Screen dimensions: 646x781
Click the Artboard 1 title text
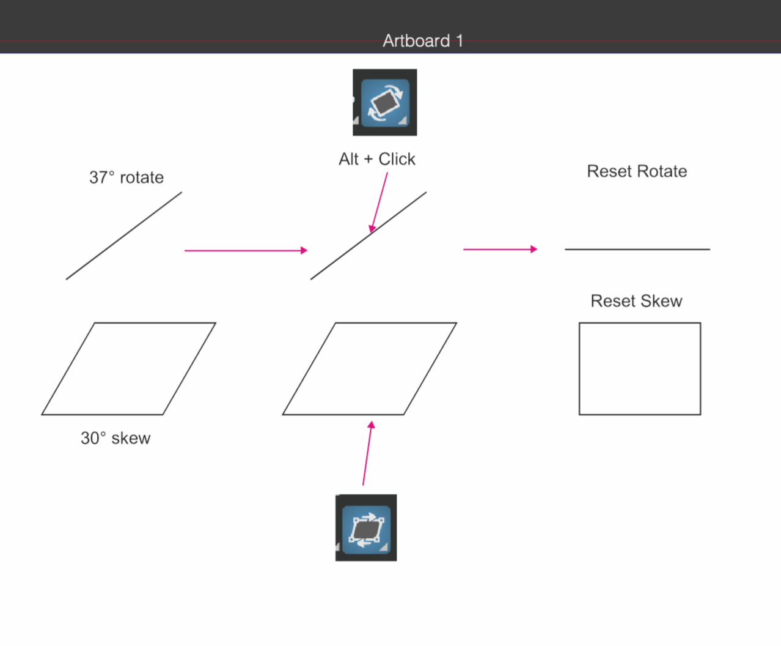point(422,41)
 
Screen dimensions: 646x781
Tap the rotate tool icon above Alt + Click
point(385,102)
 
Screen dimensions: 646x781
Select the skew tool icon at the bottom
point(366,528)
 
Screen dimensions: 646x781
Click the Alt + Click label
point(377,159)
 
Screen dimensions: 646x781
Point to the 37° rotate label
point(127,177)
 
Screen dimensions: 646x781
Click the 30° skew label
point(116,438)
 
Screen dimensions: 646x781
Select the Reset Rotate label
point(637,171)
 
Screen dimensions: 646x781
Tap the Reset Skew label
point(636,301)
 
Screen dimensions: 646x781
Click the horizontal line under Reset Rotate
point(637,250)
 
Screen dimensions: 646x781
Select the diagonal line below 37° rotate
point(123,236)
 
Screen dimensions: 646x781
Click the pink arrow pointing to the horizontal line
point(500,250)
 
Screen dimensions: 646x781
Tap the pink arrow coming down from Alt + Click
point(380,202)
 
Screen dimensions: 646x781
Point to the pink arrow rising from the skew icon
point(367,453)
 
